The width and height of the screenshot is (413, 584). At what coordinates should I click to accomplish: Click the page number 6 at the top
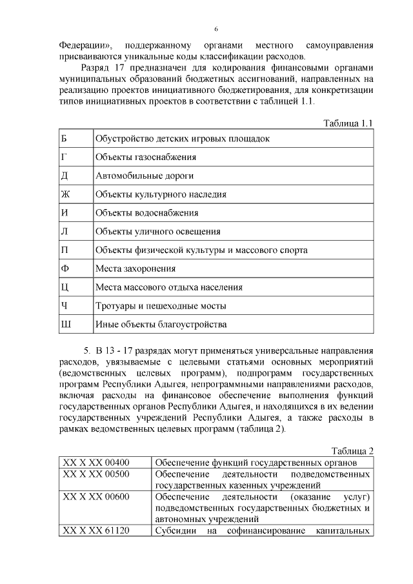coord(216,30)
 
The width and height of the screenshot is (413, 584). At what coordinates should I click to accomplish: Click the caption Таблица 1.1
coord(348,123)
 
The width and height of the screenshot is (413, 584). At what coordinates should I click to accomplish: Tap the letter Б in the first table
coord(63,138)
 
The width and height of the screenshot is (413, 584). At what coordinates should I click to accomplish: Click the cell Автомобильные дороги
coord(144,176)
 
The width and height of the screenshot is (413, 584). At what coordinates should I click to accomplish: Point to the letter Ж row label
coord(65,194)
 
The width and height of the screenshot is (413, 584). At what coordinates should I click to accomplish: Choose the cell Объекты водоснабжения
coord(146,212)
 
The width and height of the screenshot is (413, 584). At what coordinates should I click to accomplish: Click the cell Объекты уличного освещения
coord(157,231)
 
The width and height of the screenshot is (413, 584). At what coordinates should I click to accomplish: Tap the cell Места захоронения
coord(135,268)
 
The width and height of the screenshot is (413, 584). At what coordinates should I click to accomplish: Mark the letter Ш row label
coord(65,324)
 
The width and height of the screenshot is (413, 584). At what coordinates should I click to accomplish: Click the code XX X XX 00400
coord(96,463)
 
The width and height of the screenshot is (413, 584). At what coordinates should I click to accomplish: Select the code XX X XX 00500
coord(96,474)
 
